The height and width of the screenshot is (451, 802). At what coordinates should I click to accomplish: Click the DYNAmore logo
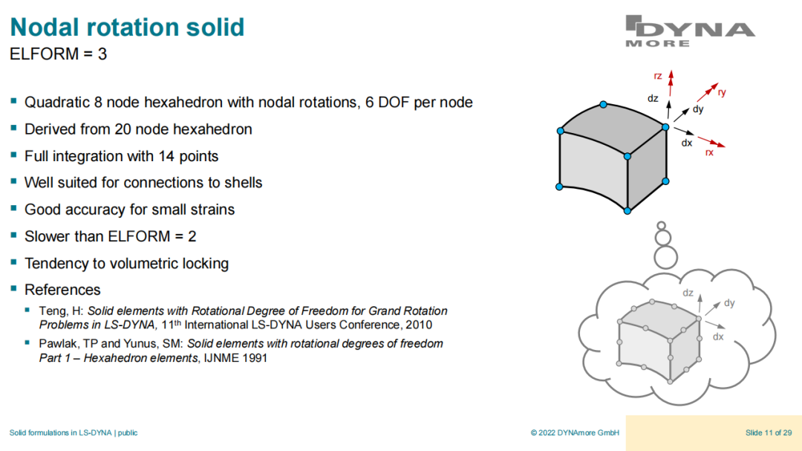click(x=690, y=31)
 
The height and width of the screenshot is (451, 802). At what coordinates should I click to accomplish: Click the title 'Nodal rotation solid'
click(x=128, y=27)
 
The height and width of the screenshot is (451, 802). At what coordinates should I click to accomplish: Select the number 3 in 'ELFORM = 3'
click(x=102, y=53)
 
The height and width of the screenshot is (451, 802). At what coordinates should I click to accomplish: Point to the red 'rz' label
click(x=658, y=76)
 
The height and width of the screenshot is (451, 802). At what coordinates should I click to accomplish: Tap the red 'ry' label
click(x=722, y=92)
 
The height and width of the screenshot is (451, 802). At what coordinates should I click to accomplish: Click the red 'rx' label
click(x=709, y=152)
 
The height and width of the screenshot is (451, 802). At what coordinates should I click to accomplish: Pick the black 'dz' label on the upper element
click(x=653, y=98)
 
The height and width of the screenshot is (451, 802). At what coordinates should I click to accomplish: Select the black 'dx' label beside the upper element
click(x=686, y=143)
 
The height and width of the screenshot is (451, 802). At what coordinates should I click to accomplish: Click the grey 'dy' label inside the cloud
click(x=729, y=302)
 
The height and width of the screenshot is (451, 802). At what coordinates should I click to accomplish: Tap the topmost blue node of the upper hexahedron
click(x=604, y=105)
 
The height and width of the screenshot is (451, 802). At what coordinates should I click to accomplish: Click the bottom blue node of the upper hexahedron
click(x=627, y=210)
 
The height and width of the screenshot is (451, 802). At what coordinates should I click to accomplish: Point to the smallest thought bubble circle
click(x=662, y=225)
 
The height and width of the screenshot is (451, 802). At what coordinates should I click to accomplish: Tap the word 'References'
click(x=62, y=290)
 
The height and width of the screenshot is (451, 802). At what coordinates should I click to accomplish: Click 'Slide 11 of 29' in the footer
click(x=769, y=432)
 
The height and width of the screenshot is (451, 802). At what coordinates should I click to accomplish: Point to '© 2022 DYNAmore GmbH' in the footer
click(x=575, y=432)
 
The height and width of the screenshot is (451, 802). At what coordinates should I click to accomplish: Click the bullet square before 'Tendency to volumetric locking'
click(x=14, y=262)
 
